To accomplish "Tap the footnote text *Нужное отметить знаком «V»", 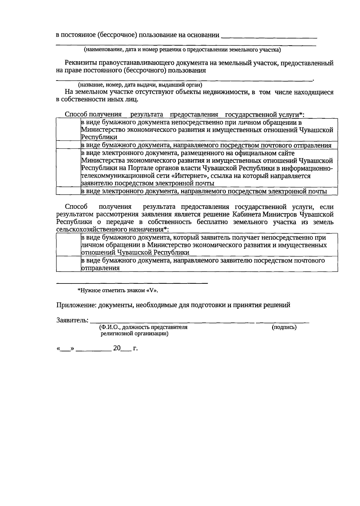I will pyautogui.click(x=118, y=290).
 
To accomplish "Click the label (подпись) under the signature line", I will pyautogui.click(x=284, y=327).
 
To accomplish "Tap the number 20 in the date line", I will pyautogui.click(x=117, y=348).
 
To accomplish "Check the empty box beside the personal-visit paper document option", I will pyautogui.click(x=68, y=130).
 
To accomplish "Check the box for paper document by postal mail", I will pyautogui.click(x=68, y=145).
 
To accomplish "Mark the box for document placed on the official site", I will pyautogui.click(x=68, y=168).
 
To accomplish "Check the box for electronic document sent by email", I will pyautogui.click(x=68, y=191).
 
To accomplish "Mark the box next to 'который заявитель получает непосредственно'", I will pyautogui.click(x=68, y=245).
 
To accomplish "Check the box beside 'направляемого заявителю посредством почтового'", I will pyautogui.click(x=68, y=264).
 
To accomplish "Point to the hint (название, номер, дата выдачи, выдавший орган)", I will pyautogui.click(x=140, y=85).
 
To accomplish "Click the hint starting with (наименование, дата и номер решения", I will pyautogui.click(x=182, y=50).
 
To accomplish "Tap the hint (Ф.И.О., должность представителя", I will pyautogui.click(x=143, y=327).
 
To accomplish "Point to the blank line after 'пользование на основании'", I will pyautogui.click(x=269, y=37).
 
